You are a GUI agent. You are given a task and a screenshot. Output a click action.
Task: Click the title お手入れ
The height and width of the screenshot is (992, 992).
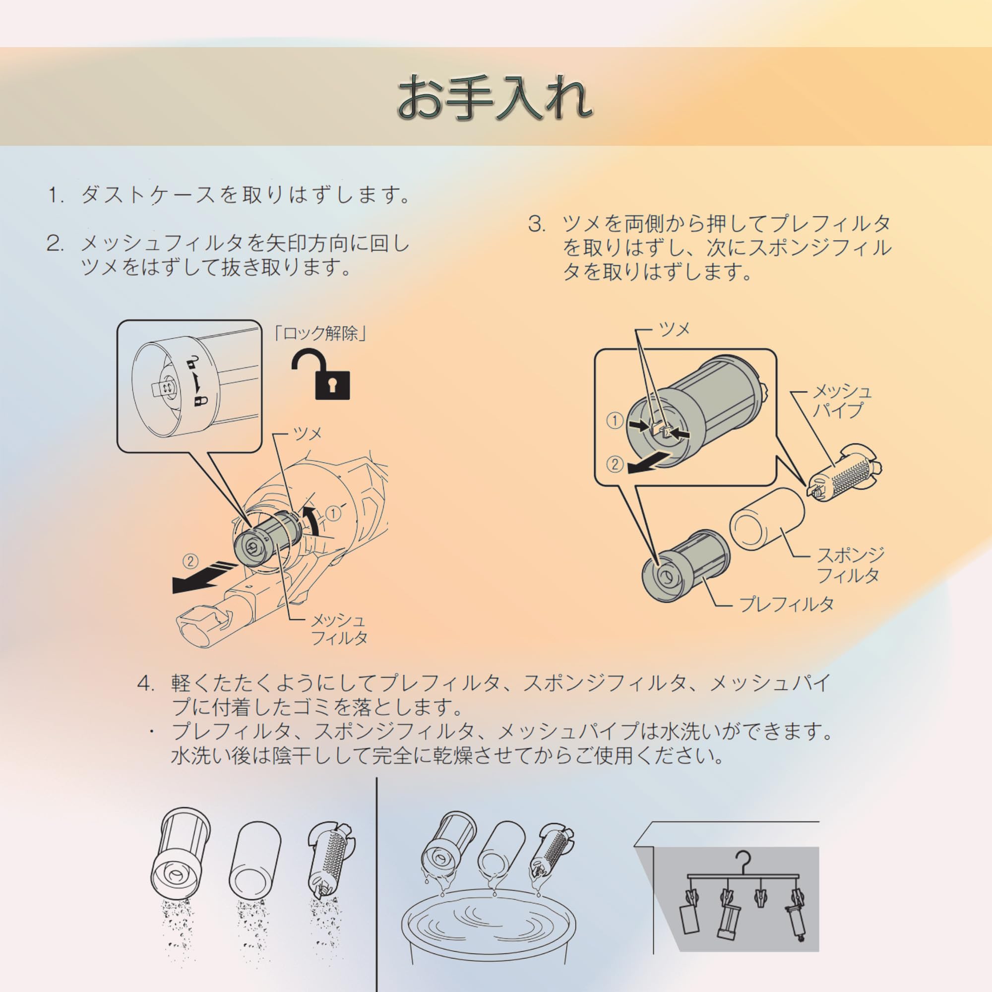click(x=496, y=98)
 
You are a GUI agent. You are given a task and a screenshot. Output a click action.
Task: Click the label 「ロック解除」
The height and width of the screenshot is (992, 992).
click(x=320, y=334)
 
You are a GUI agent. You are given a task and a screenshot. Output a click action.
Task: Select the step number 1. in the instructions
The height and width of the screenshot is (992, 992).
click(x=56, y=195)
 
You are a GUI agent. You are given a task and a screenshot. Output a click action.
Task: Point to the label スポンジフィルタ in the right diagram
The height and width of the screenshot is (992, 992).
click(x=850, y=565)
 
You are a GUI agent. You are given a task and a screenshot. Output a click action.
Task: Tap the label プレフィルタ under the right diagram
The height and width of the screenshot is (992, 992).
click(x=786, y=605)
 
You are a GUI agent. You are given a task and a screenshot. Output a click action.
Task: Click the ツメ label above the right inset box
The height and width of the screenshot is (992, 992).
click(x=674, y=330)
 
